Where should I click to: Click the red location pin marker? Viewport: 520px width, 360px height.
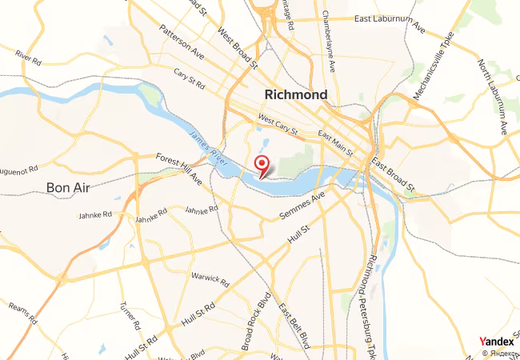point(261,165)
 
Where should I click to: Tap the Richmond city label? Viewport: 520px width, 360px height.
point(295,95)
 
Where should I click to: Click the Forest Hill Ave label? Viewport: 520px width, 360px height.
point(179,169)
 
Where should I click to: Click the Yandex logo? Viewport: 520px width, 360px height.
point(496,341)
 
